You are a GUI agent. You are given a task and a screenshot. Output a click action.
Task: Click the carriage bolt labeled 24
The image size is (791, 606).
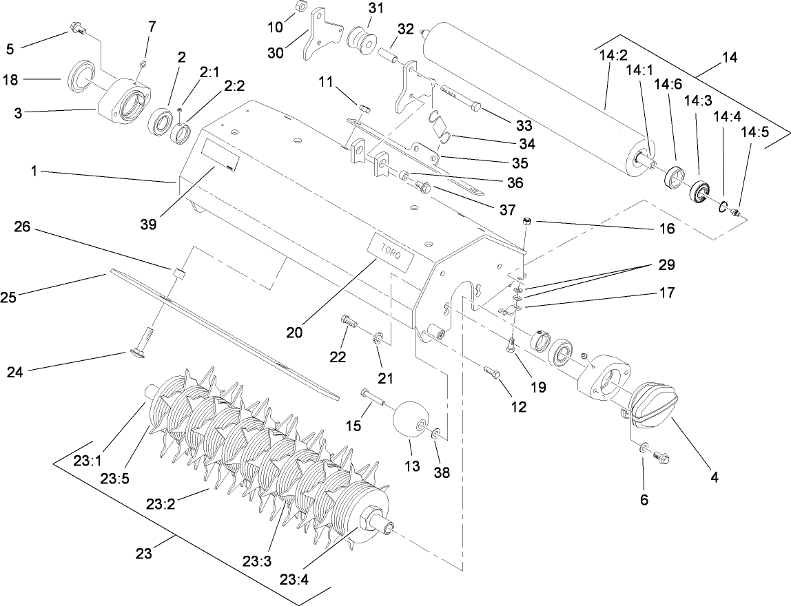[x=140, y=341]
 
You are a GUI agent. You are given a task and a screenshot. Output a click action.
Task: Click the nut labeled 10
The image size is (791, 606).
[x=300, y=8]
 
